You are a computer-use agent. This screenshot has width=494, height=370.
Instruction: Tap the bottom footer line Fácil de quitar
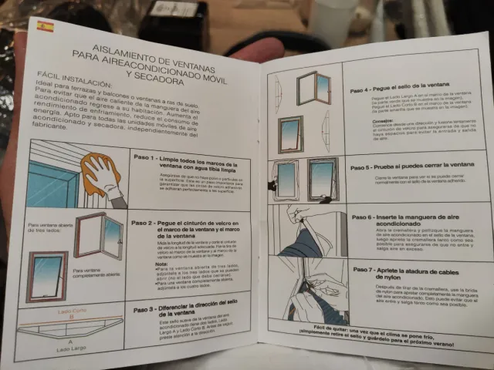(376, 346)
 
